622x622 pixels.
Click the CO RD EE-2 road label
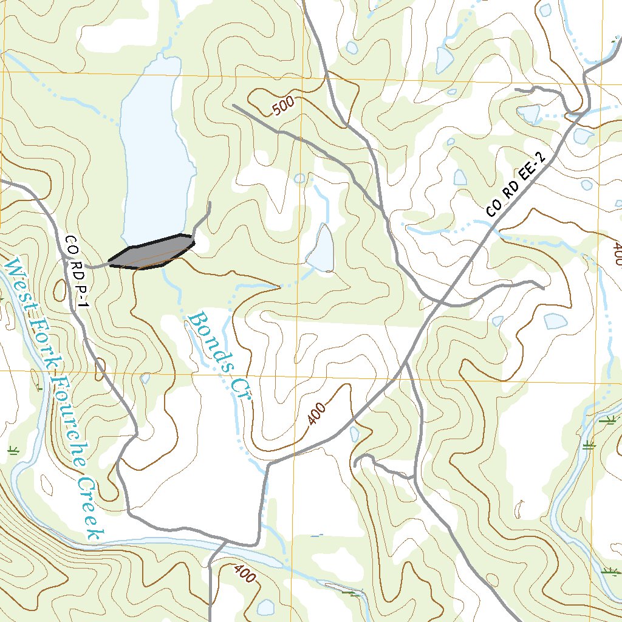pos(516,185)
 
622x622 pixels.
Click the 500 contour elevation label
pos(283,106)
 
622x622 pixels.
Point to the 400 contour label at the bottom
pos(244,573)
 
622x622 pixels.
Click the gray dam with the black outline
pos(152,253)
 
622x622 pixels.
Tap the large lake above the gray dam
pos(155,152)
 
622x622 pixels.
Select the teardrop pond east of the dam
pos(321,249)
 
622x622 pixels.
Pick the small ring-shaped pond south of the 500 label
pos(299,178)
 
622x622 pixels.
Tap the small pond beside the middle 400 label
pos(354,434)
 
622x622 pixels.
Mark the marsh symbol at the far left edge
pos(12,450)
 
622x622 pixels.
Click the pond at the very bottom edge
pos(265,607)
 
